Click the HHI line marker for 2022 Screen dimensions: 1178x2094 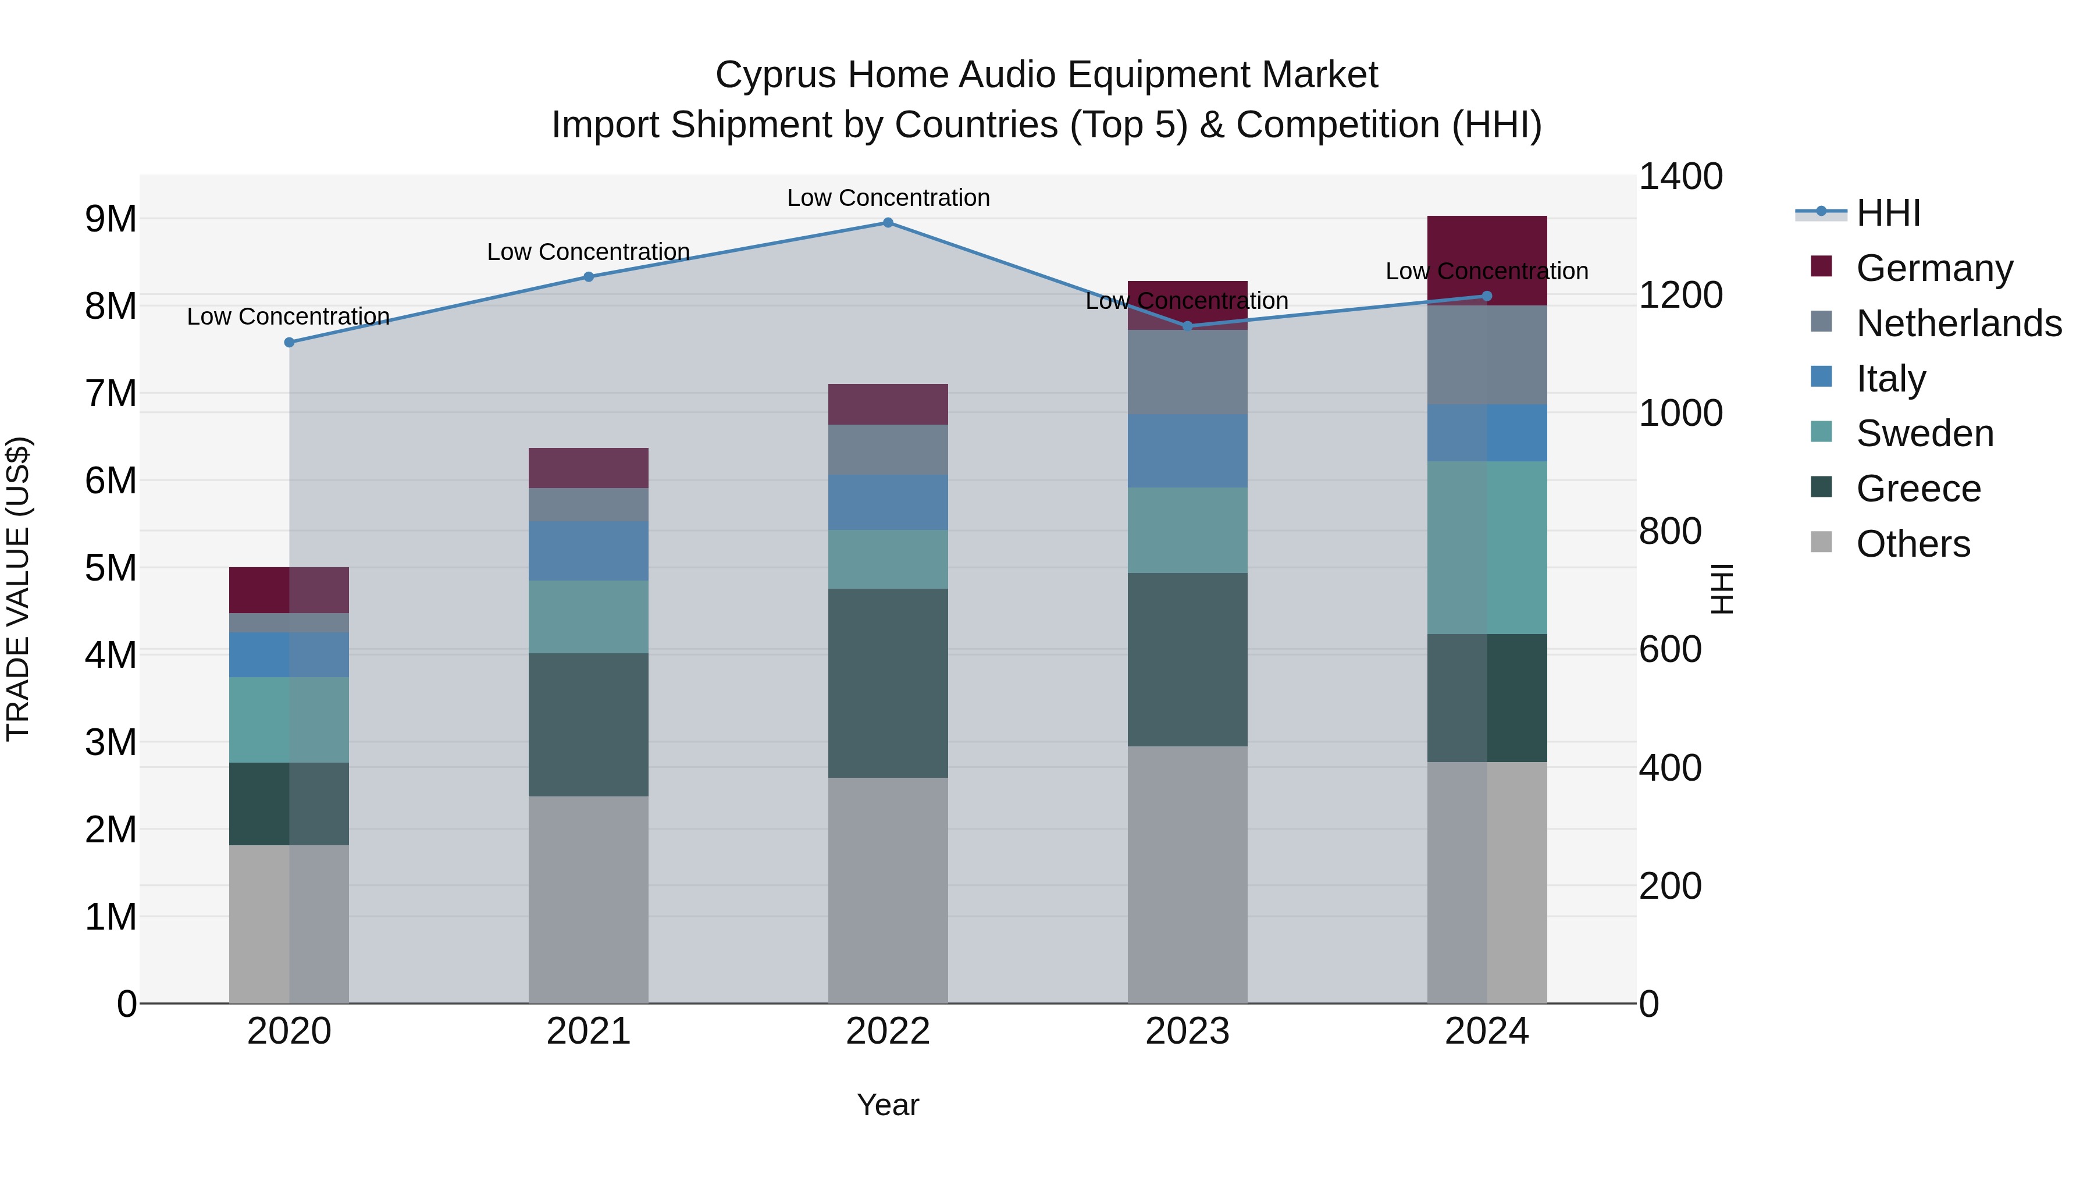pyautogui.click(x=888, y=223)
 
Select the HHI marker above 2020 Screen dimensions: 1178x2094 pyautogui.click(x=290, y=342)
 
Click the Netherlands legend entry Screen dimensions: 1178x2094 pyautogui.click(x=1957, y=323)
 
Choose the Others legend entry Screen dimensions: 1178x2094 pyautogui.click(x=1913, y=543)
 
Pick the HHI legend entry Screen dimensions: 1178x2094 pyautogui.click(x=1888, y=213)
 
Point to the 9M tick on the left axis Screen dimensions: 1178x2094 pyautogui.click(x=111, y=219)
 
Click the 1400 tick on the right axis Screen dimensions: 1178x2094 pyautogui.click(x=1679, y=176)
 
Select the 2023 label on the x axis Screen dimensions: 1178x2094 pyautogui.click(x=1187, y=1031)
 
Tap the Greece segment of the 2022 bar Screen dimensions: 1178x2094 pyautogui.click(x=888, y=683)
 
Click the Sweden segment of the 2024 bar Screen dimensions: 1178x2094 pyautogui.click(x=1487, y=547)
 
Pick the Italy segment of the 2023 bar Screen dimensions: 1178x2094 pyautogui.click(x=1187, y=450)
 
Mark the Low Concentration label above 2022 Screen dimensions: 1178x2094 pyautogui.click(x=888, y=198)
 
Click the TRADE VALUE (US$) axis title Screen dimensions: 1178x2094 pyautogui.click(x=18, y=589)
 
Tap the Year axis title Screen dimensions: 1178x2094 pyautogui.click(x=888, y=1105)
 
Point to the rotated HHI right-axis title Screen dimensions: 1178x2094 pyautogui.click(x=1722, y=589)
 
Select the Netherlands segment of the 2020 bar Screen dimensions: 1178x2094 pyautogui.click(x=290, y=622)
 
